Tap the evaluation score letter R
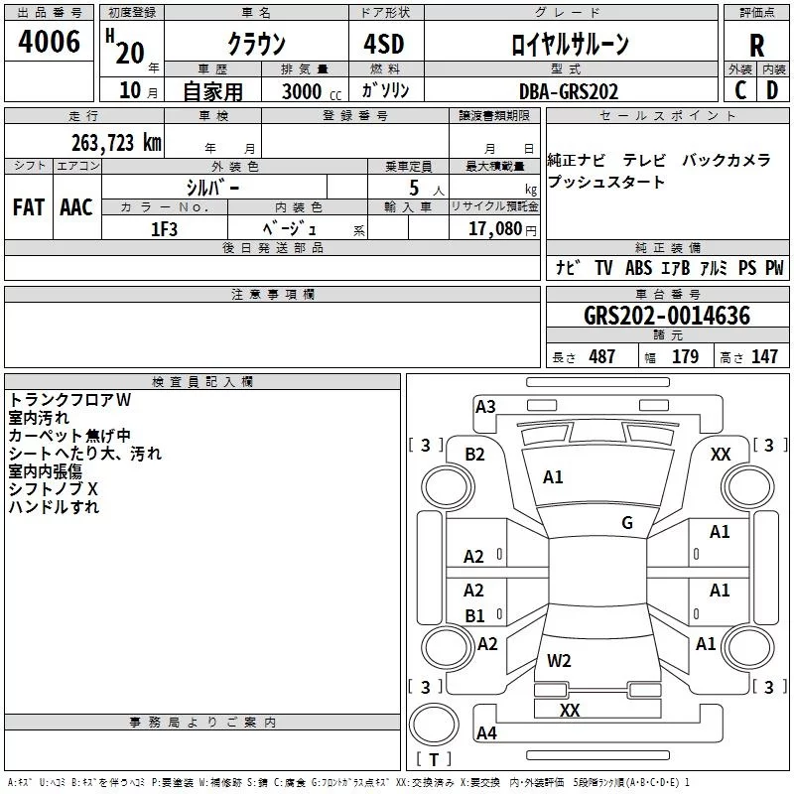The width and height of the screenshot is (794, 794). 756,46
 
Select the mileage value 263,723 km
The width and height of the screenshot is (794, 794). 116,142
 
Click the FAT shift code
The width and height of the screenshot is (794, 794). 28,207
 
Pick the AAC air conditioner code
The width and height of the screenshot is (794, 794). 75,207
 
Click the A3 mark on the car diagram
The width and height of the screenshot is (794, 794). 485,406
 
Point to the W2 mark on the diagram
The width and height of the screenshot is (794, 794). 559,660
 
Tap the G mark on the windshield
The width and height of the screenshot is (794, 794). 627,523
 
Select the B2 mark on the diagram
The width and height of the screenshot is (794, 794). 475,455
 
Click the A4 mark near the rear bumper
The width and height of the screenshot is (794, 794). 486,733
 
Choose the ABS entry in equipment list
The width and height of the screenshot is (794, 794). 639,268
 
